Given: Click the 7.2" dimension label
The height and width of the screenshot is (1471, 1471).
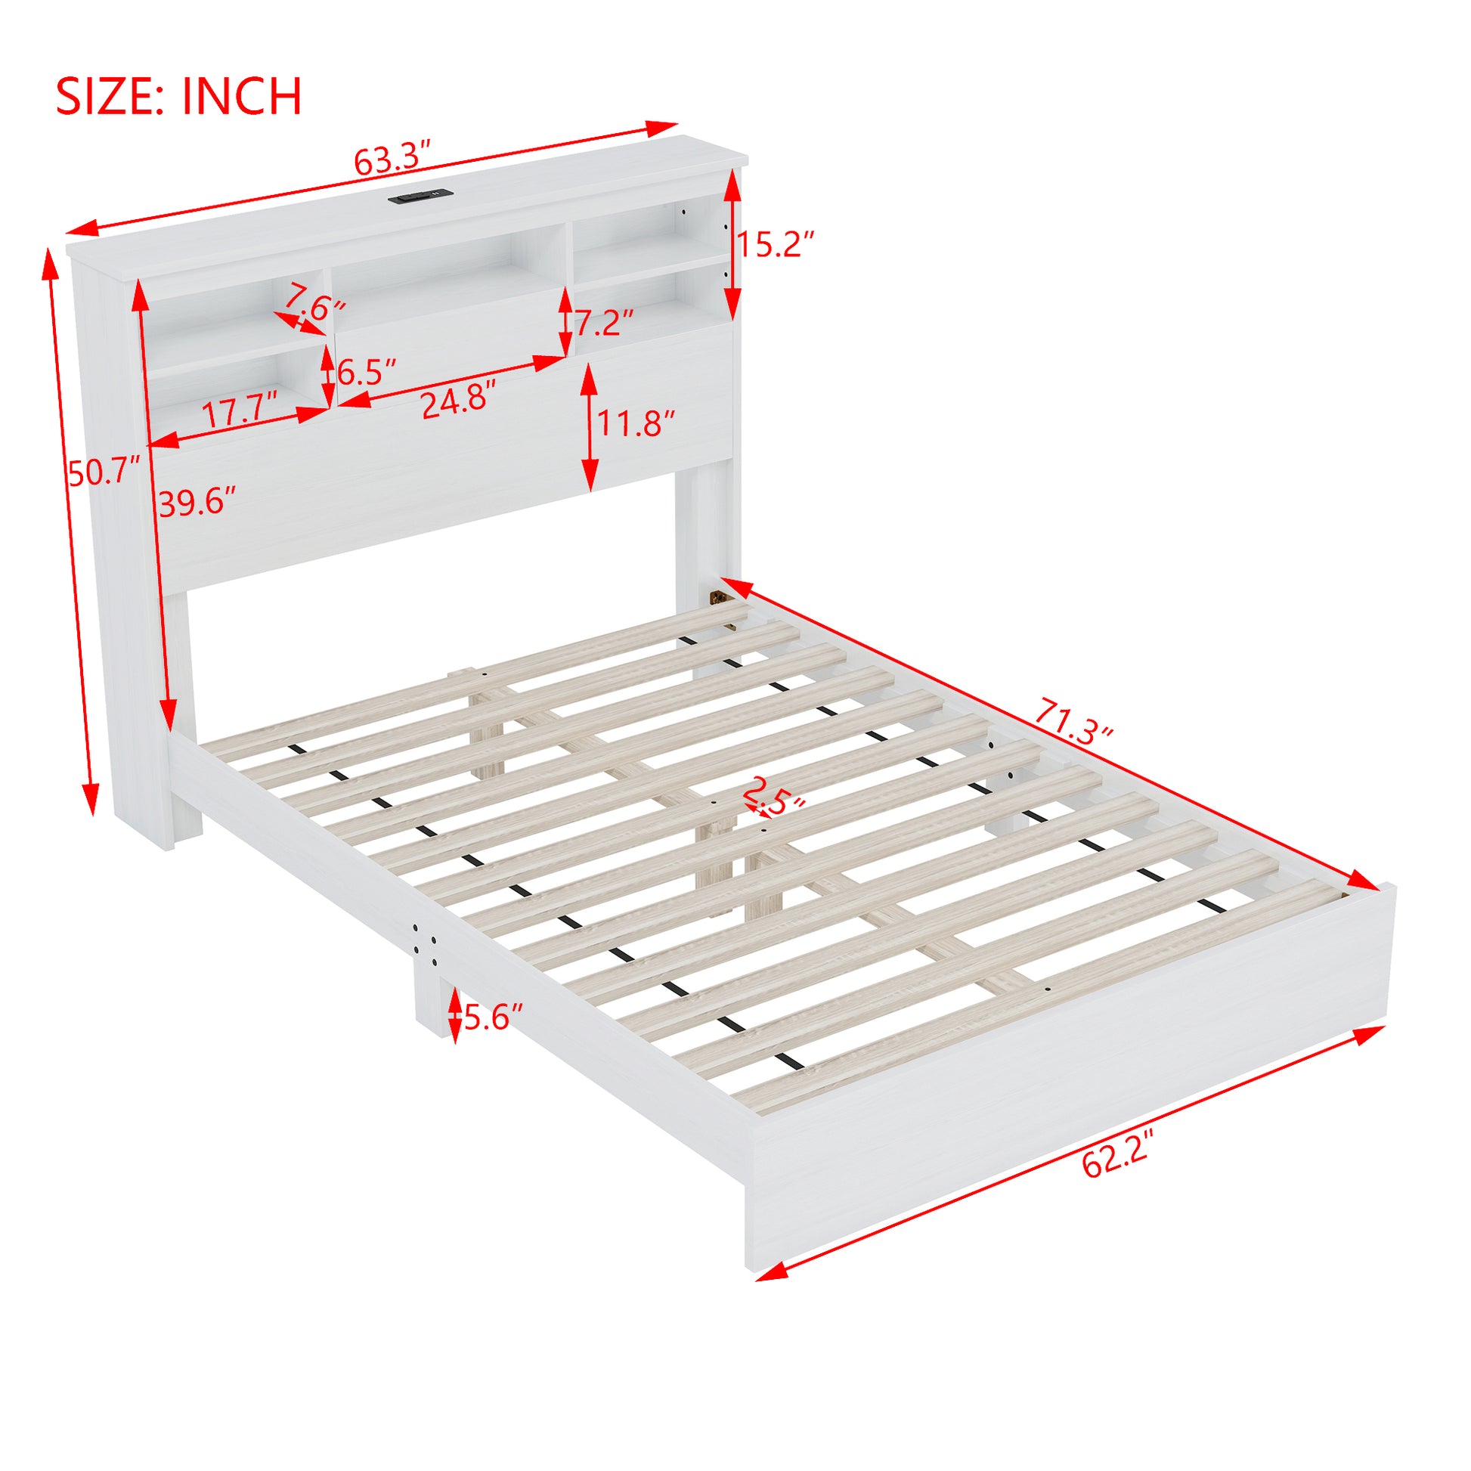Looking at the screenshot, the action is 604,323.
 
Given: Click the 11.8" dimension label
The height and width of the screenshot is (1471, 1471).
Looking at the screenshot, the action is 636,423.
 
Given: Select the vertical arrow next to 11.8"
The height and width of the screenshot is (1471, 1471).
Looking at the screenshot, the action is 589,427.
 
